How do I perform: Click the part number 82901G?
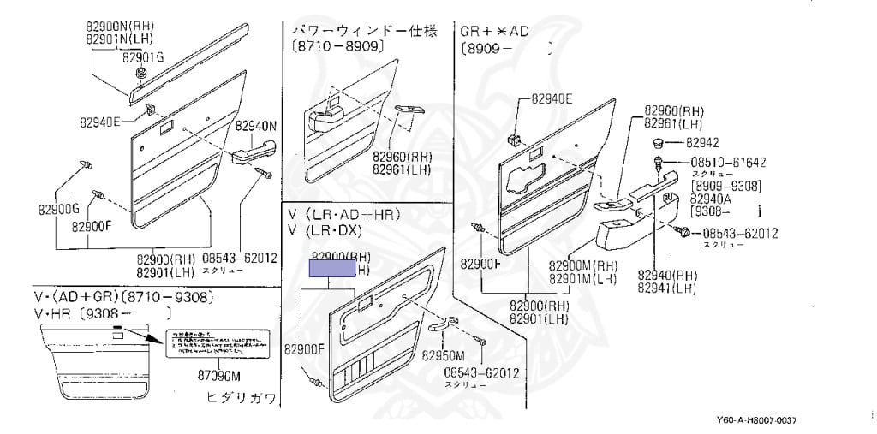pos(141,58)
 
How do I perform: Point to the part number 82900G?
pos(58,208)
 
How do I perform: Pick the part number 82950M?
pos(445,355)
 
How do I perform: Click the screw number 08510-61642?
pos(728,163)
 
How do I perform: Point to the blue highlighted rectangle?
pos(331,269)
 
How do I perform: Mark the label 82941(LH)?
pos(666,288)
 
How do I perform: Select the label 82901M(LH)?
pos(582,279)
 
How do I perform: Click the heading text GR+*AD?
pos(495,32)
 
